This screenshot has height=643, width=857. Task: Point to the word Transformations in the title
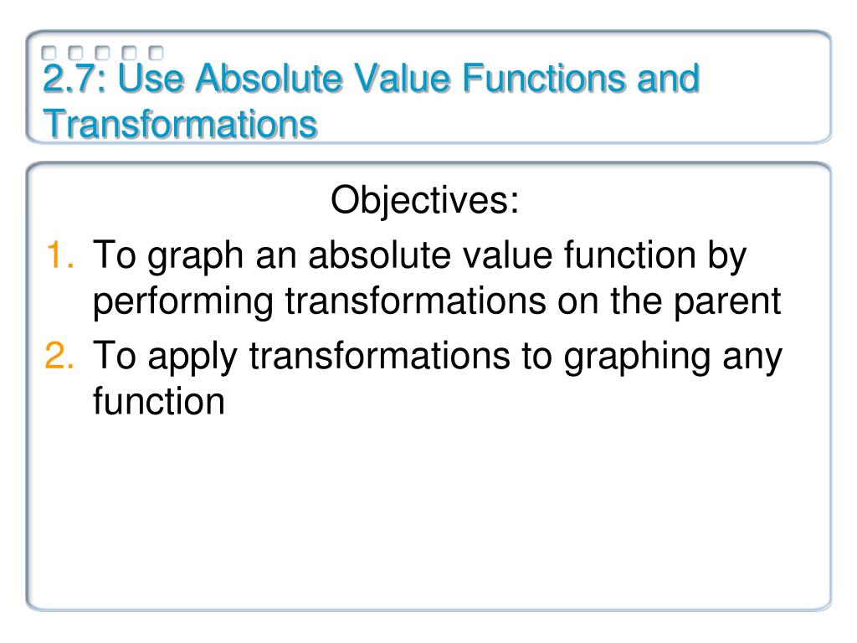180,126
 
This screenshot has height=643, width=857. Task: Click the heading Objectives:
425,201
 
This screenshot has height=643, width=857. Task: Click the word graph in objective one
191,255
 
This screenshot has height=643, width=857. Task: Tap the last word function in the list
158,401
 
